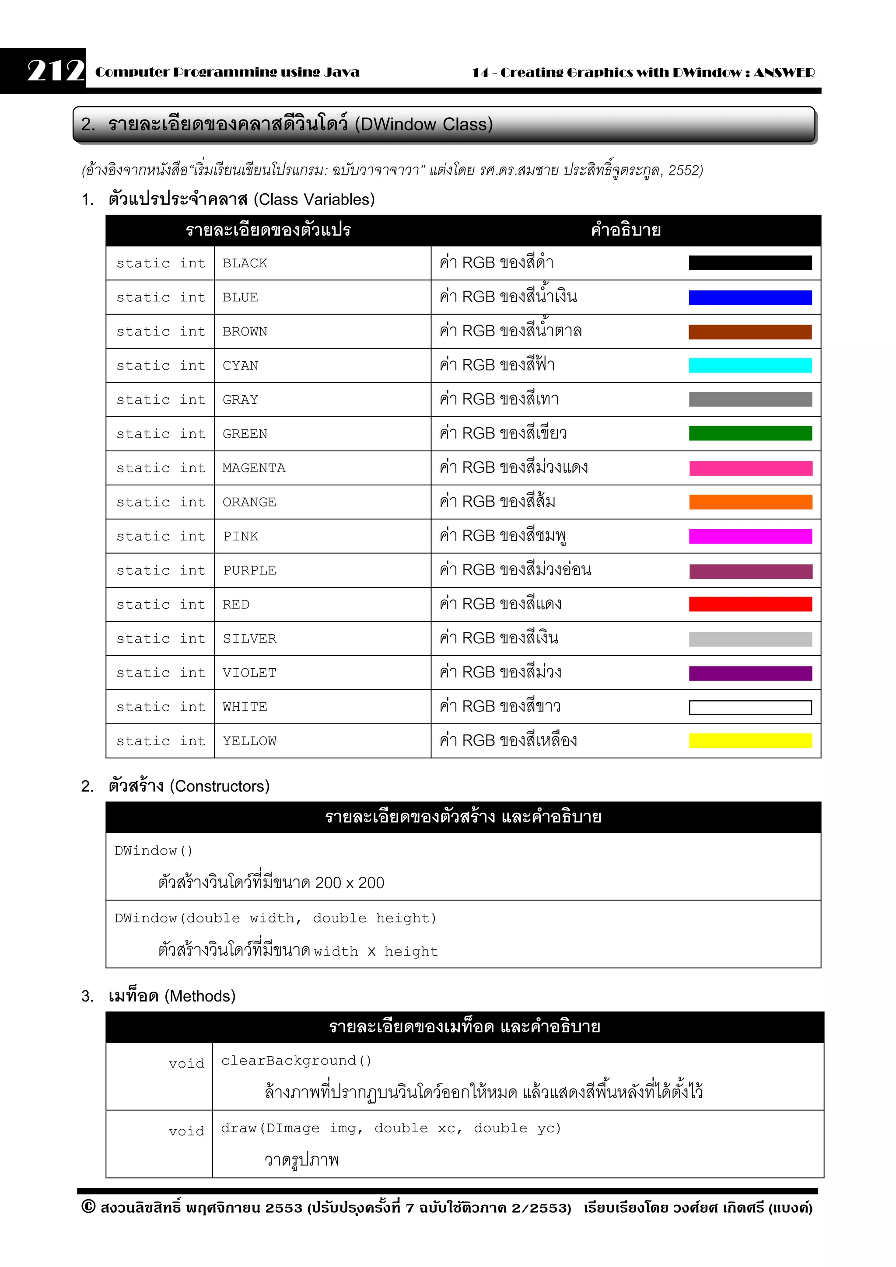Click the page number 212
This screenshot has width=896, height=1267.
tap(55, 71)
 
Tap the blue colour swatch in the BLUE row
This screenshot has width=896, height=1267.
tap(750, 298)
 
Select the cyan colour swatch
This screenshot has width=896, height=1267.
tap(750, 365)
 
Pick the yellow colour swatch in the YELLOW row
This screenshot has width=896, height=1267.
tap(750, 740)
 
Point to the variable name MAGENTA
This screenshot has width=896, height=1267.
tap(253, 468)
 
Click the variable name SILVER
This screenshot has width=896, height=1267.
tap(249, 639)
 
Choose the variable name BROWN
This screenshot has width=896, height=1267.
tap(245, 332)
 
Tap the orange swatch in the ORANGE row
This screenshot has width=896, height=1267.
tap(750, 502)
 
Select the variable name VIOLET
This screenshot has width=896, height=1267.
tap(249, 673)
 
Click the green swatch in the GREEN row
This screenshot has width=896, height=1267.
tap(750, 434)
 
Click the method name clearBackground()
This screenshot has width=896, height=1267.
tap(296, 1061)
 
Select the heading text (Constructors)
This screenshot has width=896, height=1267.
tap(219, 786)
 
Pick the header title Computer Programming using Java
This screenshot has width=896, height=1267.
tap(227, 72)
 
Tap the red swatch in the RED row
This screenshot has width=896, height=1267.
tap(750, 604)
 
